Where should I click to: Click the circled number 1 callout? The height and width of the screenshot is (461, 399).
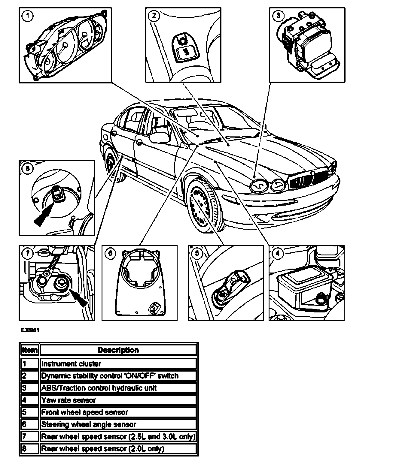[x=28, y=16]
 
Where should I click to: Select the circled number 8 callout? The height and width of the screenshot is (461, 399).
[x=28, y=168]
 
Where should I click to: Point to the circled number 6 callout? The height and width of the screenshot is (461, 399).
[x=110, y=254]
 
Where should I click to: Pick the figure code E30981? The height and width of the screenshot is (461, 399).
[x=30, y=330]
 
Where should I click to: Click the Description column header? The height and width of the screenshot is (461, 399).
[x=118, y=350]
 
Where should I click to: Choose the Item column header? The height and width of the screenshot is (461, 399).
[x=30, y=350]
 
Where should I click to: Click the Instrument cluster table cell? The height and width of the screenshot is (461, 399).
[x=118, y=364]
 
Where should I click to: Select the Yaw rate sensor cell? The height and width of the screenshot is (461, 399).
[x=118, y=400]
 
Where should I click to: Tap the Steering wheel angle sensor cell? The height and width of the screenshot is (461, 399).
[x=118, y=424]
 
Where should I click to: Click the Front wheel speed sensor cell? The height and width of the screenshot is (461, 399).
[x=118, y=412]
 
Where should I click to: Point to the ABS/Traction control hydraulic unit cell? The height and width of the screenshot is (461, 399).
[x=118, y=388]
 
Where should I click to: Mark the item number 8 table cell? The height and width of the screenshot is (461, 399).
[x=30, y=449]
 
